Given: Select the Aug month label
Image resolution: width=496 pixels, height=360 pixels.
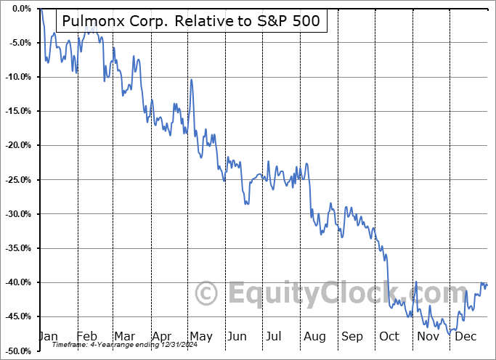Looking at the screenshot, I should point(314,337).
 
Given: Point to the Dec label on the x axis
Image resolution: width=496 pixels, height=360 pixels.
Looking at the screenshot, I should point(465,337).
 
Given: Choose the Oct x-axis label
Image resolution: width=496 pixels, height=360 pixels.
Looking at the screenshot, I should point(389,337).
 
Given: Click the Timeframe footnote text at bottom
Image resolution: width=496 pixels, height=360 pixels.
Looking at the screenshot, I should point(120,345).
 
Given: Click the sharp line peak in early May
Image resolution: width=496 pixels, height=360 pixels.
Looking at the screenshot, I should point(191,80).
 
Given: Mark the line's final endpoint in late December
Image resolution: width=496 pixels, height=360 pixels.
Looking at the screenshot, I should point(487,285).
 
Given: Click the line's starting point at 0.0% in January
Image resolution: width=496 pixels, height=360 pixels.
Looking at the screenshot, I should point(41,9).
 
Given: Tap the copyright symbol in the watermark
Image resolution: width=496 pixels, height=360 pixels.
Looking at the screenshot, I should point(206,294).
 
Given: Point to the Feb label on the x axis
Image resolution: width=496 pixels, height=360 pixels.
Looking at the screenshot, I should point(86,337).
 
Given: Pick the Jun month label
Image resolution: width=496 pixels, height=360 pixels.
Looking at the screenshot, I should point(237,337).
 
